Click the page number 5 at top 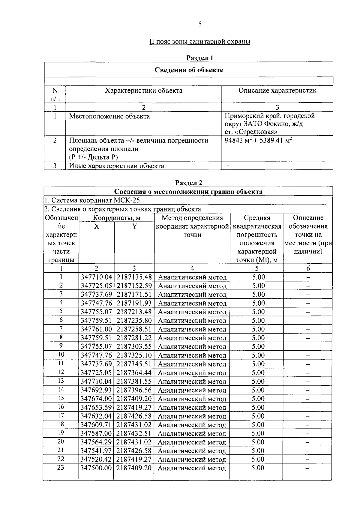[200, 24]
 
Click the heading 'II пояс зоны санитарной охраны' [200, 41]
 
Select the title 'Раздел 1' [199, 58]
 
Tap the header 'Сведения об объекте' [189, 70]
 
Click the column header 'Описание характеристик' [277, 91]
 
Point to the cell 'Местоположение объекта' [109, 116]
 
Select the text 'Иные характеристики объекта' [116, 166]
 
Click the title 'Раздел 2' [189, 183]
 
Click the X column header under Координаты [96, 226]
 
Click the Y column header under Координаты [134, 226]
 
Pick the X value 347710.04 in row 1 [96, 277]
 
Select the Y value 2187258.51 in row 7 [134, 329]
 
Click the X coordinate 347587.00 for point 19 [96, 433]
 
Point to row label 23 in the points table [61, 468]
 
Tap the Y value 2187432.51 [134, 433]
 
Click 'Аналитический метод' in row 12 [192, 373]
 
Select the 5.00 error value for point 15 [258, 399]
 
